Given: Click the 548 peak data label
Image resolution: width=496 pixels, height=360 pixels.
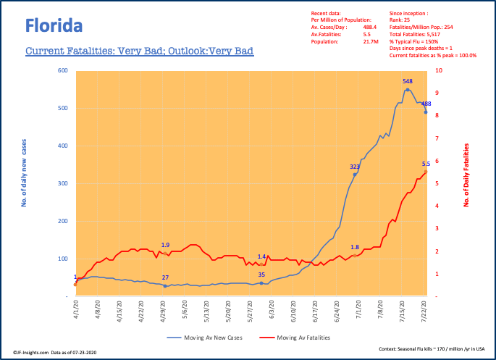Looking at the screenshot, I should tap(408, 81).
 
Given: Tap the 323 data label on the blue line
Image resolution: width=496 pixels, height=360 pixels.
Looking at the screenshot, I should tap(355, 167).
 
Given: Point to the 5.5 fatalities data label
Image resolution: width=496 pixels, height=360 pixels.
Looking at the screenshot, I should tap(426, 164).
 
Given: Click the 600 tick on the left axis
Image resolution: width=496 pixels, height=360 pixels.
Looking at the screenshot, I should tap(63, 70).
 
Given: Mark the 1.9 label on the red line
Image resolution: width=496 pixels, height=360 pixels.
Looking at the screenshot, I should tap(165, 245).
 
